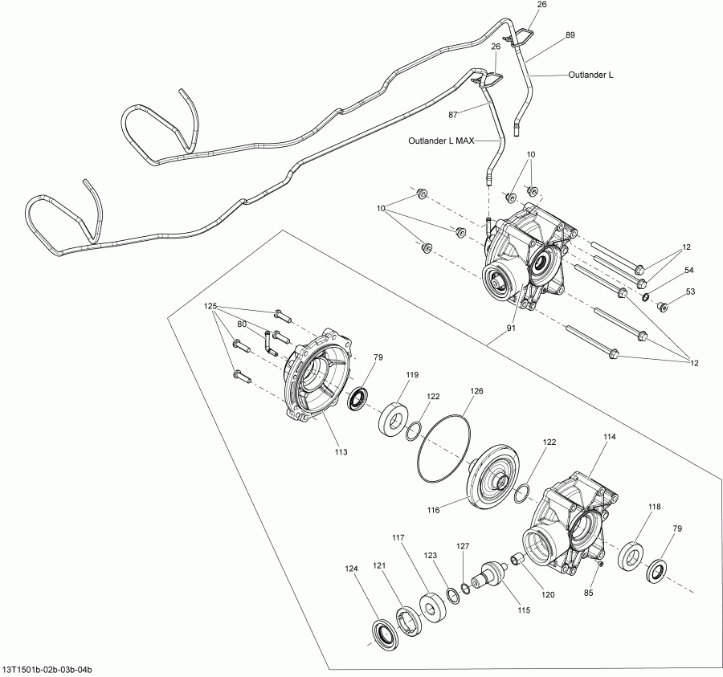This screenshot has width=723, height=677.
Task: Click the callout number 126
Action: [x=476, y=391]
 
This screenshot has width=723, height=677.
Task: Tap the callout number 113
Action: [x=341, y=452]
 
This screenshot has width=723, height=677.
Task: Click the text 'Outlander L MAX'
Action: [x=441, y=141]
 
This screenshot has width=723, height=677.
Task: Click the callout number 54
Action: [x=688, y=270]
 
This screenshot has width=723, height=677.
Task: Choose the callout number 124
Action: [x=350, y=569]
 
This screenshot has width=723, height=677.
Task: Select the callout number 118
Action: [x=655, y=507]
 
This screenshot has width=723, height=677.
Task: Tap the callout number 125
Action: [x=210, y=307]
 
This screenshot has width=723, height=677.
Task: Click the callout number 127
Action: [x=462, y=545]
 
